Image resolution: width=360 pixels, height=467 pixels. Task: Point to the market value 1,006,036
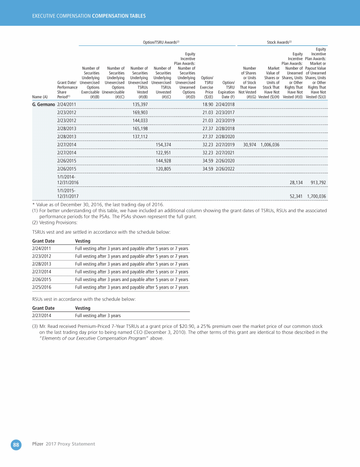tap(270, 145)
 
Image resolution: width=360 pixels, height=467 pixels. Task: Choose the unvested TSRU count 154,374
tap(163, 145)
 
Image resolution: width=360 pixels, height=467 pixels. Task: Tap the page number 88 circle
tap(16, 444)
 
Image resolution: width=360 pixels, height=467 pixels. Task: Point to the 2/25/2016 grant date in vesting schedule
tap(42, 287)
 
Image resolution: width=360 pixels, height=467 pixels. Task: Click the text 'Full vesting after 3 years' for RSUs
tap(97, 315)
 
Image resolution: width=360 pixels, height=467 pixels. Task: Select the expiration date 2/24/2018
tap(225, 104)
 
